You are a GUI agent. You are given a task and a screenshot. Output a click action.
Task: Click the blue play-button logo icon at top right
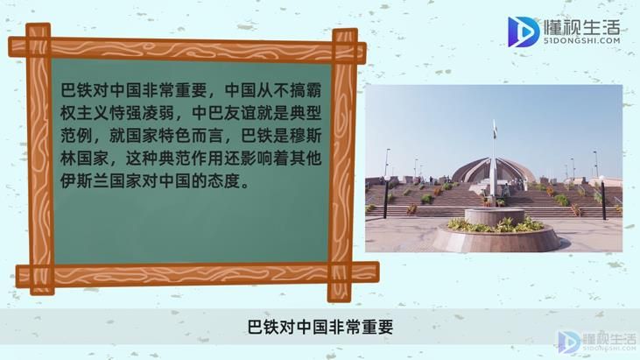pyautogui.click(x=524, y=32)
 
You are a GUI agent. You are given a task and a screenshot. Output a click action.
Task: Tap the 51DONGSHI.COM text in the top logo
pyautogui.click(x=582, y=40)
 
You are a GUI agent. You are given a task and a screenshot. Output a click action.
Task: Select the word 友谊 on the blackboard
pyautogui.click(x=240, y=113)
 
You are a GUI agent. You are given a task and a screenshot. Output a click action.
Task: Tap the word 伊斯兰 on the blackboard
pyautogui.click(x=85, y=181)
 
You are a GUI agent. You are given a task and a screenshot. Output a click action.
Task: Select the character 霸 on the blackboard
pyautogui.click(x=314, y=90)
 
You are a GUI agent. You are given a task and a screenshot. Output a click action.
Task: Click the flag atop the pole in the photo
pyautogui.click(x=495, y=129)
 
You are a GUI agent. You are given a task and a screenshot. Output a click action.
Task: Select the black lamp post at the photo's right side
pyautogui.click(x=602, y=199)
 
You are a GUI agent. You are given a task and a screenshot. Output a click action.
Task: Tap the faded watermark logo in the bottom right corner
pyautogui.click(x=597, y=342)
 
